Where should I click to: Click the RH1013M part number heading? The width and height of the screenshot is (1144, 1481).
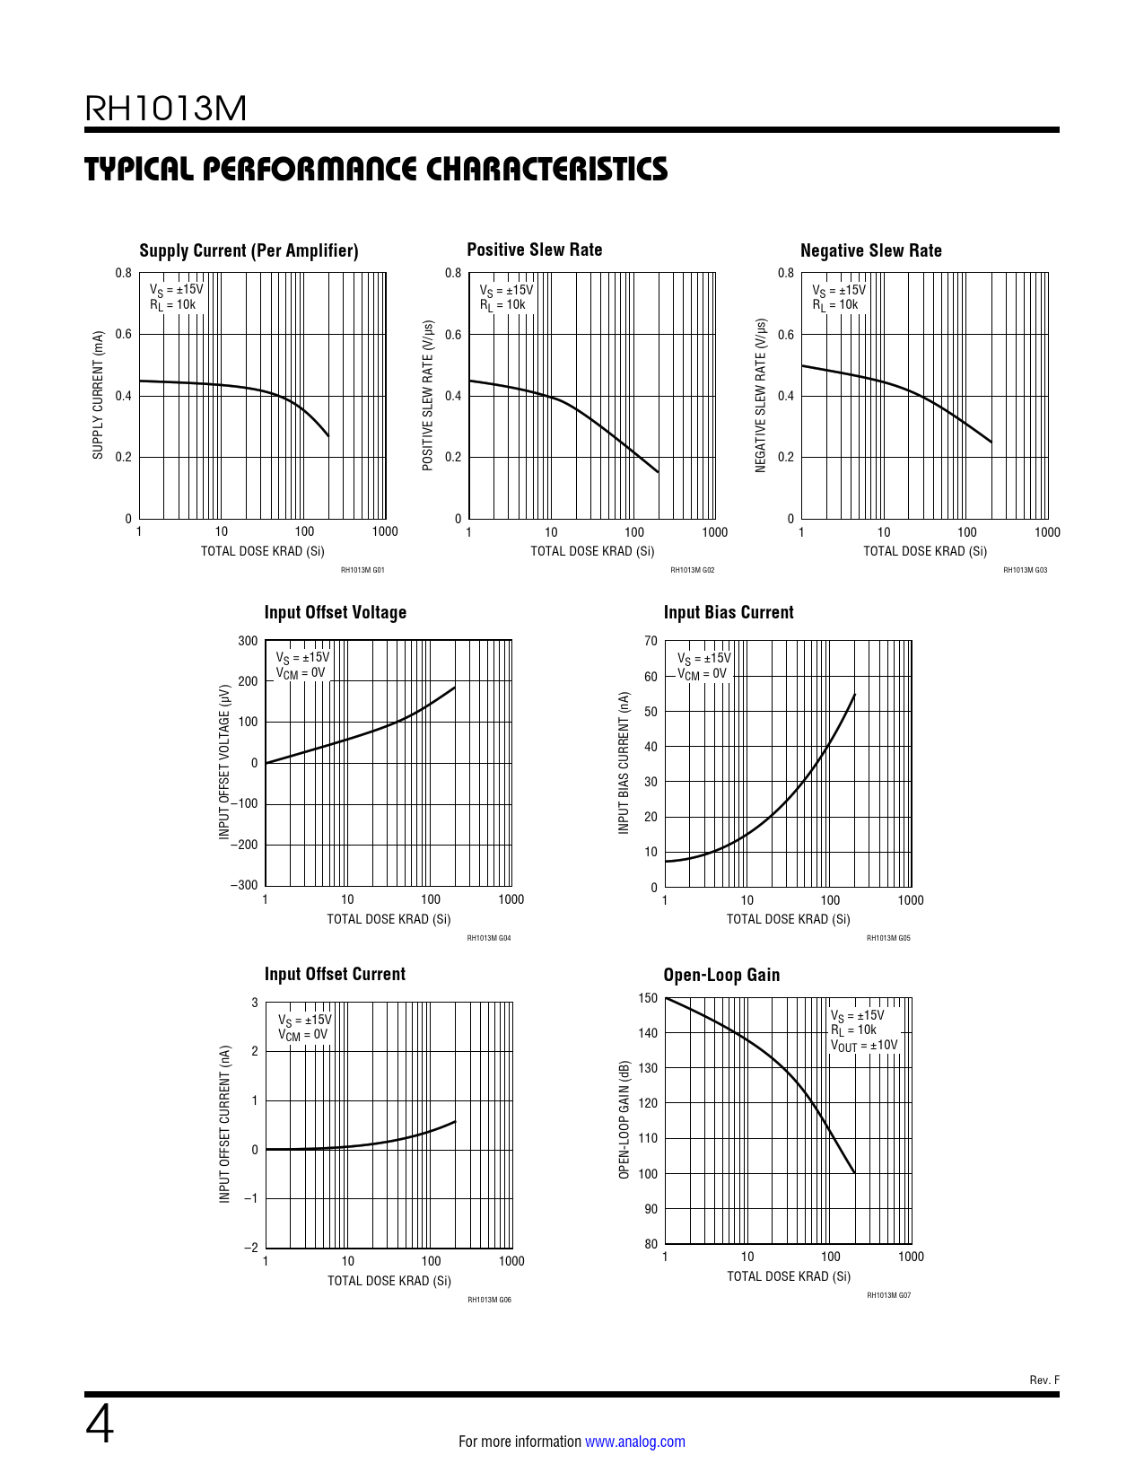pos(165,109)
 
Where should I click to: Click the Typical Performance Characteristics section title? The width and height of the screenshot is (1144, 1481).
pos(376,169)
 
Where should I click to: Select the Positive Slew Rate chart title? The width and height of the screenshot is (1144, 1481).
pos(534,250)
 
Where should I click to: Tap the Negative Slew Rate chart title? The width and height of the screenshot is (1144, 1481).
pos(870,250)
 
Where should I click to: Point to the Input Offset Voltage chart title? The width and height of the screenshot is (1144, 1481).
pos(335,612)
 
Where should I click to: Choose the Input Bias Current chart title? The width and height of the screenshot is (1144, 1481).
pos(728,612)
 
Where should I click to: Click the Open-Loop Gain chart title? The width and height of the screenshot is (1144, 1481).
pos(720,975)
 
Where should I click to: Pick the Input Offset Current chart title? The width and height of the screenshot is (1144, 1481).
pos(334,974)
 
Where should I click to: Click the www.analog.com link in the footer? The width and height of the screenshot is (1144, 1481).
pos(634,1442)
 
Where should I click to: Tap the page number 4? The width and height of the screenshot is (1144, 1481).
pos(100,1424)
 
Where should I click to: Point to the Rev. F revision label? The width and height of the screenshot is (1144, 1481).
pos(1044,1380)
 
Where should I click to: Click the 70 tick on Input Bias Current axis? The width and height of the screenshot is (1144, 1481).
pos(651,641)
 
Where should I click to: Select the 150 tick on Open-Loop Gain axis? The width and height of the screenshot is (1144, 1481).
pos(647,998)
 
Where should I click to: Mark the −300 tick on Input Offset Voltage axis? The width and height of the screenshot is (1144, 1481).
pos(244,885)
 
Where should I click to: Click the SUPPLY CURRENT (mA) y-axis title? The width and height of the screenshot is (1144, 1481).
pos(98,395)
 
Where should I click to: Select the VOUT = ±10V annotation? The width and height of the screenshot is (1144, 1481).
pos(863,1046)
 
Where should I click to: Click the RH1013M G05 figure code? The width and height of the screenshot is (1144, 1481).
pos(887,938)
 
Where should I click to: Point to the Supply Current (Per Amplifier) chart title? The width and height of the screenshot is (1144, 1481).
pos(249,250)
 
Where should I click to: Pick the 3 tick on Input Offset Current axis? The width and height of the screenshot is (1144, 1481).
pos(255,1003)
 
